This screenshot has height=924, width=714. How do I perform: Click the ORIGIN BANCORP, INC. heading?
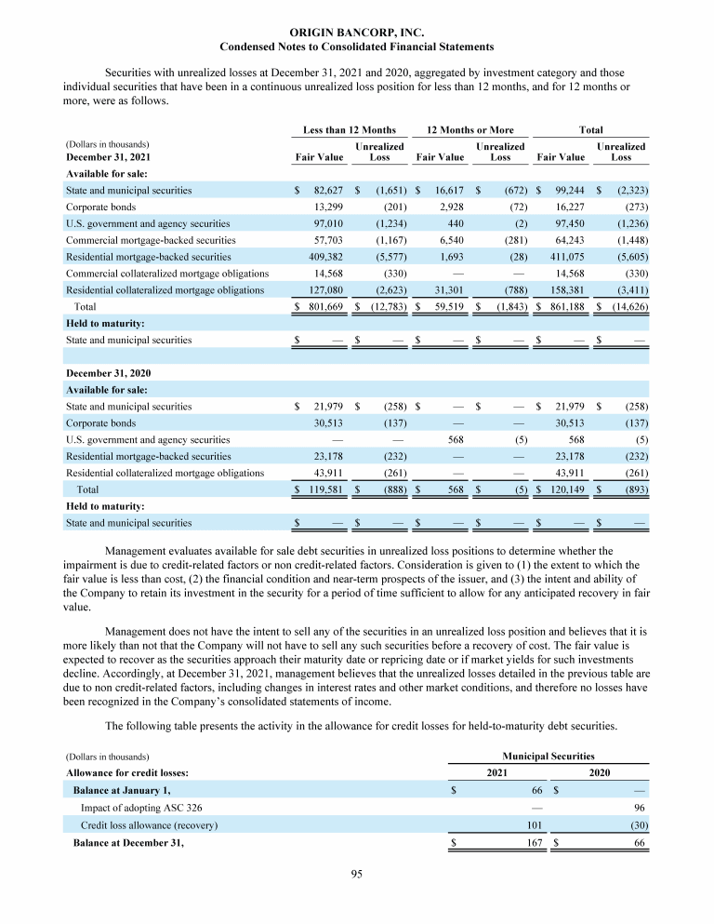click(x=356, y=33)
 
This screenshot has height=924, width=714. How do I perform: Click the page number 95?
click(x=356, y=872)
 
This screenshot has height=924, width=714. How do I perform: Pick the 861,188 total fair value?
click(x=566, y=304)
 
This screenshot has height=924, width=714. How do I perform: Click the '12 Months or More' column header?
click(x=469, y=130)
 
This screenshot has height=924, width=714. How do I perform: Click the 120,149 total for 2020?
click(x=566, y=489)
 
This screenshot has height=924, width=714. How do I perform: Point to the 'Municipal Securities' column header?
click(x=549, y=757)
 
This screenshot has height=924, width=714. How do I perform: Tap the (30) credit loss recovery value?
click(x=637, y=825)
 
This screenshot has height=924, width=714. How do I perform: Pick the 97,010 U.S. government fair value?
click(x=325, y=223)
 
